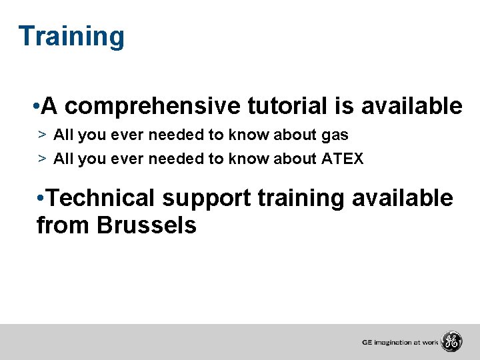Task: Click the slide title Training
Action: [71, 37]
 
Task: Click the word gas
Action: [335, 135]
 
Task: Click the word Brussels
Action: [147, 226]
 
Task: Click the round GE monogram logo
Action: [451, 342]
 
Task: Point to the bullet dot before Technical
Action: [41, 199]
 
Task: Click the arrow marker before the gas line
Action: [41, 135]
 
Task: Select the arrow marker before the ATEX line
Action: [41, 159]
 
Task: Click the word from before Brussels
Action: [64, 226]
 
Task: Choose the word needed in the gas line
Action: [177, 135]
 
